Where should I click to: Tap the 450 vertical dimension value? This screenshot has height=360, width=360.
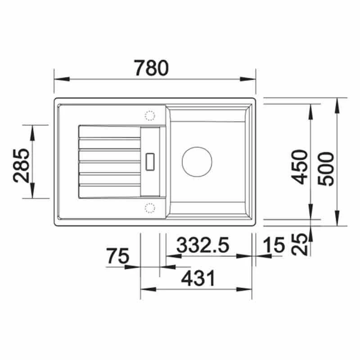299,166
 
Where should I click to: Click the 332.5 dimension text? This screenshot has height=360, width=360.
203,245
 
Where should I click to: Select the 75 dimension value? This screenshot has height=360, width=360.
118,256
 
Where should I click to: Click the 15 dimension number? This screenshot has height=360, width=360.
274,245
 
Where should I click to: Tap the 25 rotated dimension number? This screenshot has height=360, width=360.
300,245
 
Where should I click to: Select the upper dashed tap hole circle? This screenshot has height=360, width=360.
149,116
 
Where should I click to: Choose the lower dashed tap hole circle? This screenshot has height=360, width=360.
149,207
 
